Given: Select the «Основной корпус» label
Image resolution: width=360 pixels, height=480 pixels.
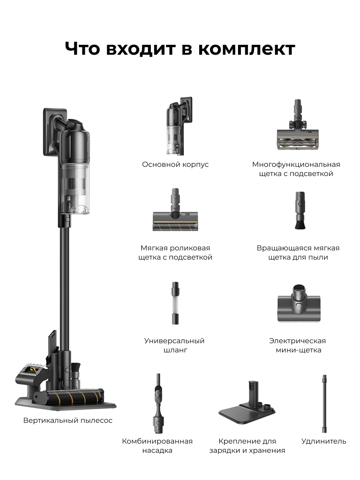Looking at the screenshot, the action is click(x=175, y=164).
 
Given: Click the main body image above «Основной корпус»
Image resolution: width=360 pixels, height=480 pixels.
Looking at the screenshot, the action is click(x=180, y=126).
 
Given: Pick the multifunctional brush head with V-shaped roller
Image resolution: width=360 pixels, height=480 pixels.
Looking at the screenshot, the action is click(x=298, y=125).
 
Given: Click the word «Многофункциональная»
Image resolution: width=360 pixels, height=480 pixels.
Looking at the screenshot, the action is click(x=296, y=164).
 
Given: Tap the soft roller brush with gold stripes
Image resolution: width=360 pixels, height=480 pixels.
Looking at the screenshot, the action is click(x=175, y=210).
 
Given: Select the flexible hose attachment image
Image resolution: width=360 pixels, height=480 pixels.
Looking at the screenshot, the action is click(x=175, y=303).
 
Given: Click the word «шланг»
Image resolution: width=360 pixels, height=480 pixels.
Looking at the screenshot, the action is click(x=175, y=350).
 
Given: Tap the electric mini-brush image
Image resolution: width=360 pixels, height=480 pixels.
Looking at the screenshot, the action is click(x=299, y=303).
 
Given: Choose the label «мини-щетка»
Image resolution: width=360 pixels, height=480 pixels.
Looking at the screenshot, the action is click(x=298, y=350).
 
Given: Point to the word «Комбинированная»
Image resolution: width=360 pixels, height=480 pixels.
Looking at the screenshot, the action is click(x=157, y=441).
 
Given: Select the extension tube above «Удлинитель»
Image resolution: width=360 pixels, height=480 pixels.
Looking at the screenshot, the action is click(x=324, y=404).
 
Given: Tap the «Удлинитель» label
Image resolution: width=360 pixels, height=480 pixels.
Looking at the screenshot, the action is click(x=324, y=441).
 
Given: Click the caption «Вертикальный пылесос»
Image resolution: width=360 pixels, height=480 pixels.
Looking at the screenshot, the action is click(x=68, y=420).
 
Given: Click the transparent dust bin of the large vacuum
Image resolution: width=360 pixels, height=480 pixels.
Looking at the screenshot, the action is click(x=74, y=188).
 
